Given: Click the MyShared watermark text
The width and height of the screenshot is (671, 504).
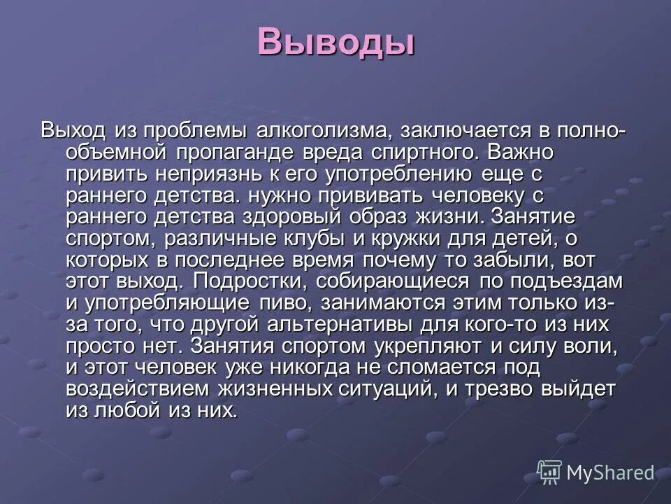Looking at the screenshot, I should (610, 472).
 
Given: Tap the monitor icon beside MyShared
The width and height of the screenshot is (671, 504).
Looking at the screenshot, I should (550, 472).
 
